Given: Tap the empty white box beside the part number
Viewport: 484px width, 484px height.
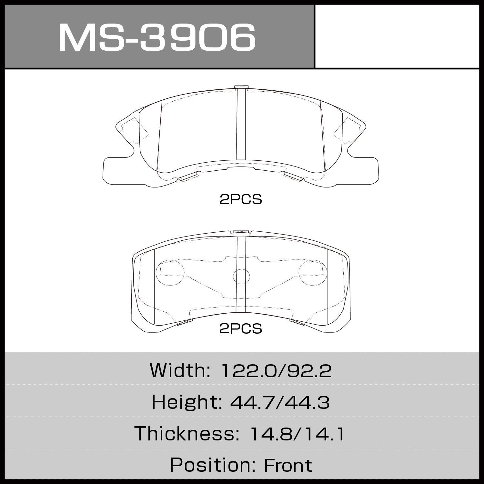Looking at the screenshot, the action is (x=397, y=36).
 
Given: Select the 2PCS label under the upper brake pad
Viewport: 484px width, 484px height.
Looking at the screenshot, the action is (x=241, y=200).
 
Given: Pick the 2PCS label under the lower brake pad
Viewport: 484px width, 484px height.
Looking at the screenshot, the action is (x=241, y=329).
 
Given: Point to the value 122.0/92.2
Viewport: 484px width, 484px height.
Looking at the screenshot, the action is (x=276, y=371).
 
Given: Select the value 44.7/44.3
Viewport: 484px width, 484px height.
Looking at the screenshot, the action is (x=280, y=403).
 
